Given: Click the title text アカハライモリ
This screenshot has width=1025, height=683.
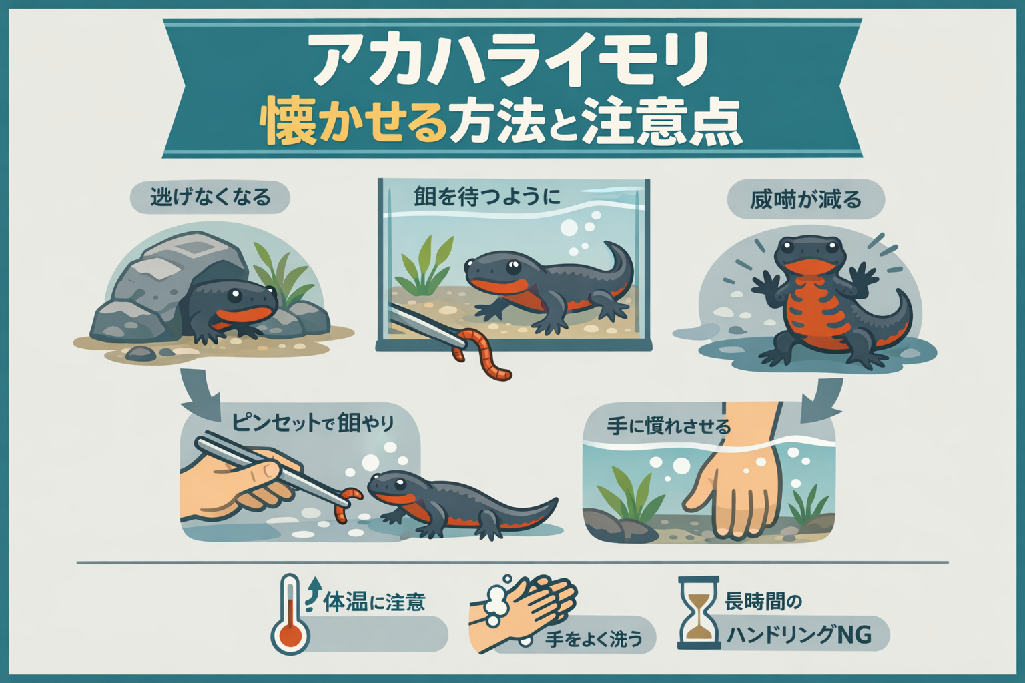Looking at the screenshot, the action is coord(510,61).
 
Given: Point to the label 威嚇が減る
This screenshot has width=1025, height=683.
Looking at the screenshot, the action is coord(805,200).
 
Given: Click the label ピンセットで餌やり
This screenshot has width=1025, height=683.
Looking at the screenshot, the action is coord(312,422).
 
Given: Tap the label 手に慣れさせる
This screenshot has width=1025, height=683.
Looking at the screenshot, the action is coord(669,426).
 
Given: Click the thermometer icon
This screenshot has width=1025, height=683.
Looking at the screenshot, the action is coord(290,614).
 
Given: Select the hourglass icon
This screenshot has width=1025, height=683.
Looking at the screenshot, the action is coord(699,612).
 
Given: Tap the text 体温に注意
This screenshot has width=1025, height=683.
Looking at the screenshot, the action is coord(374,602).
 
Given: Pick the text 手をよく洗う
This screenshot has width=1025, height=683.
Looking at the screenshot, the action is coord(594,638).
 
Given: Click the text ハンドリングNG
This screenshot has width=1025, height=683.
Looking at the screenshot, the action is coord(799,634).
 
